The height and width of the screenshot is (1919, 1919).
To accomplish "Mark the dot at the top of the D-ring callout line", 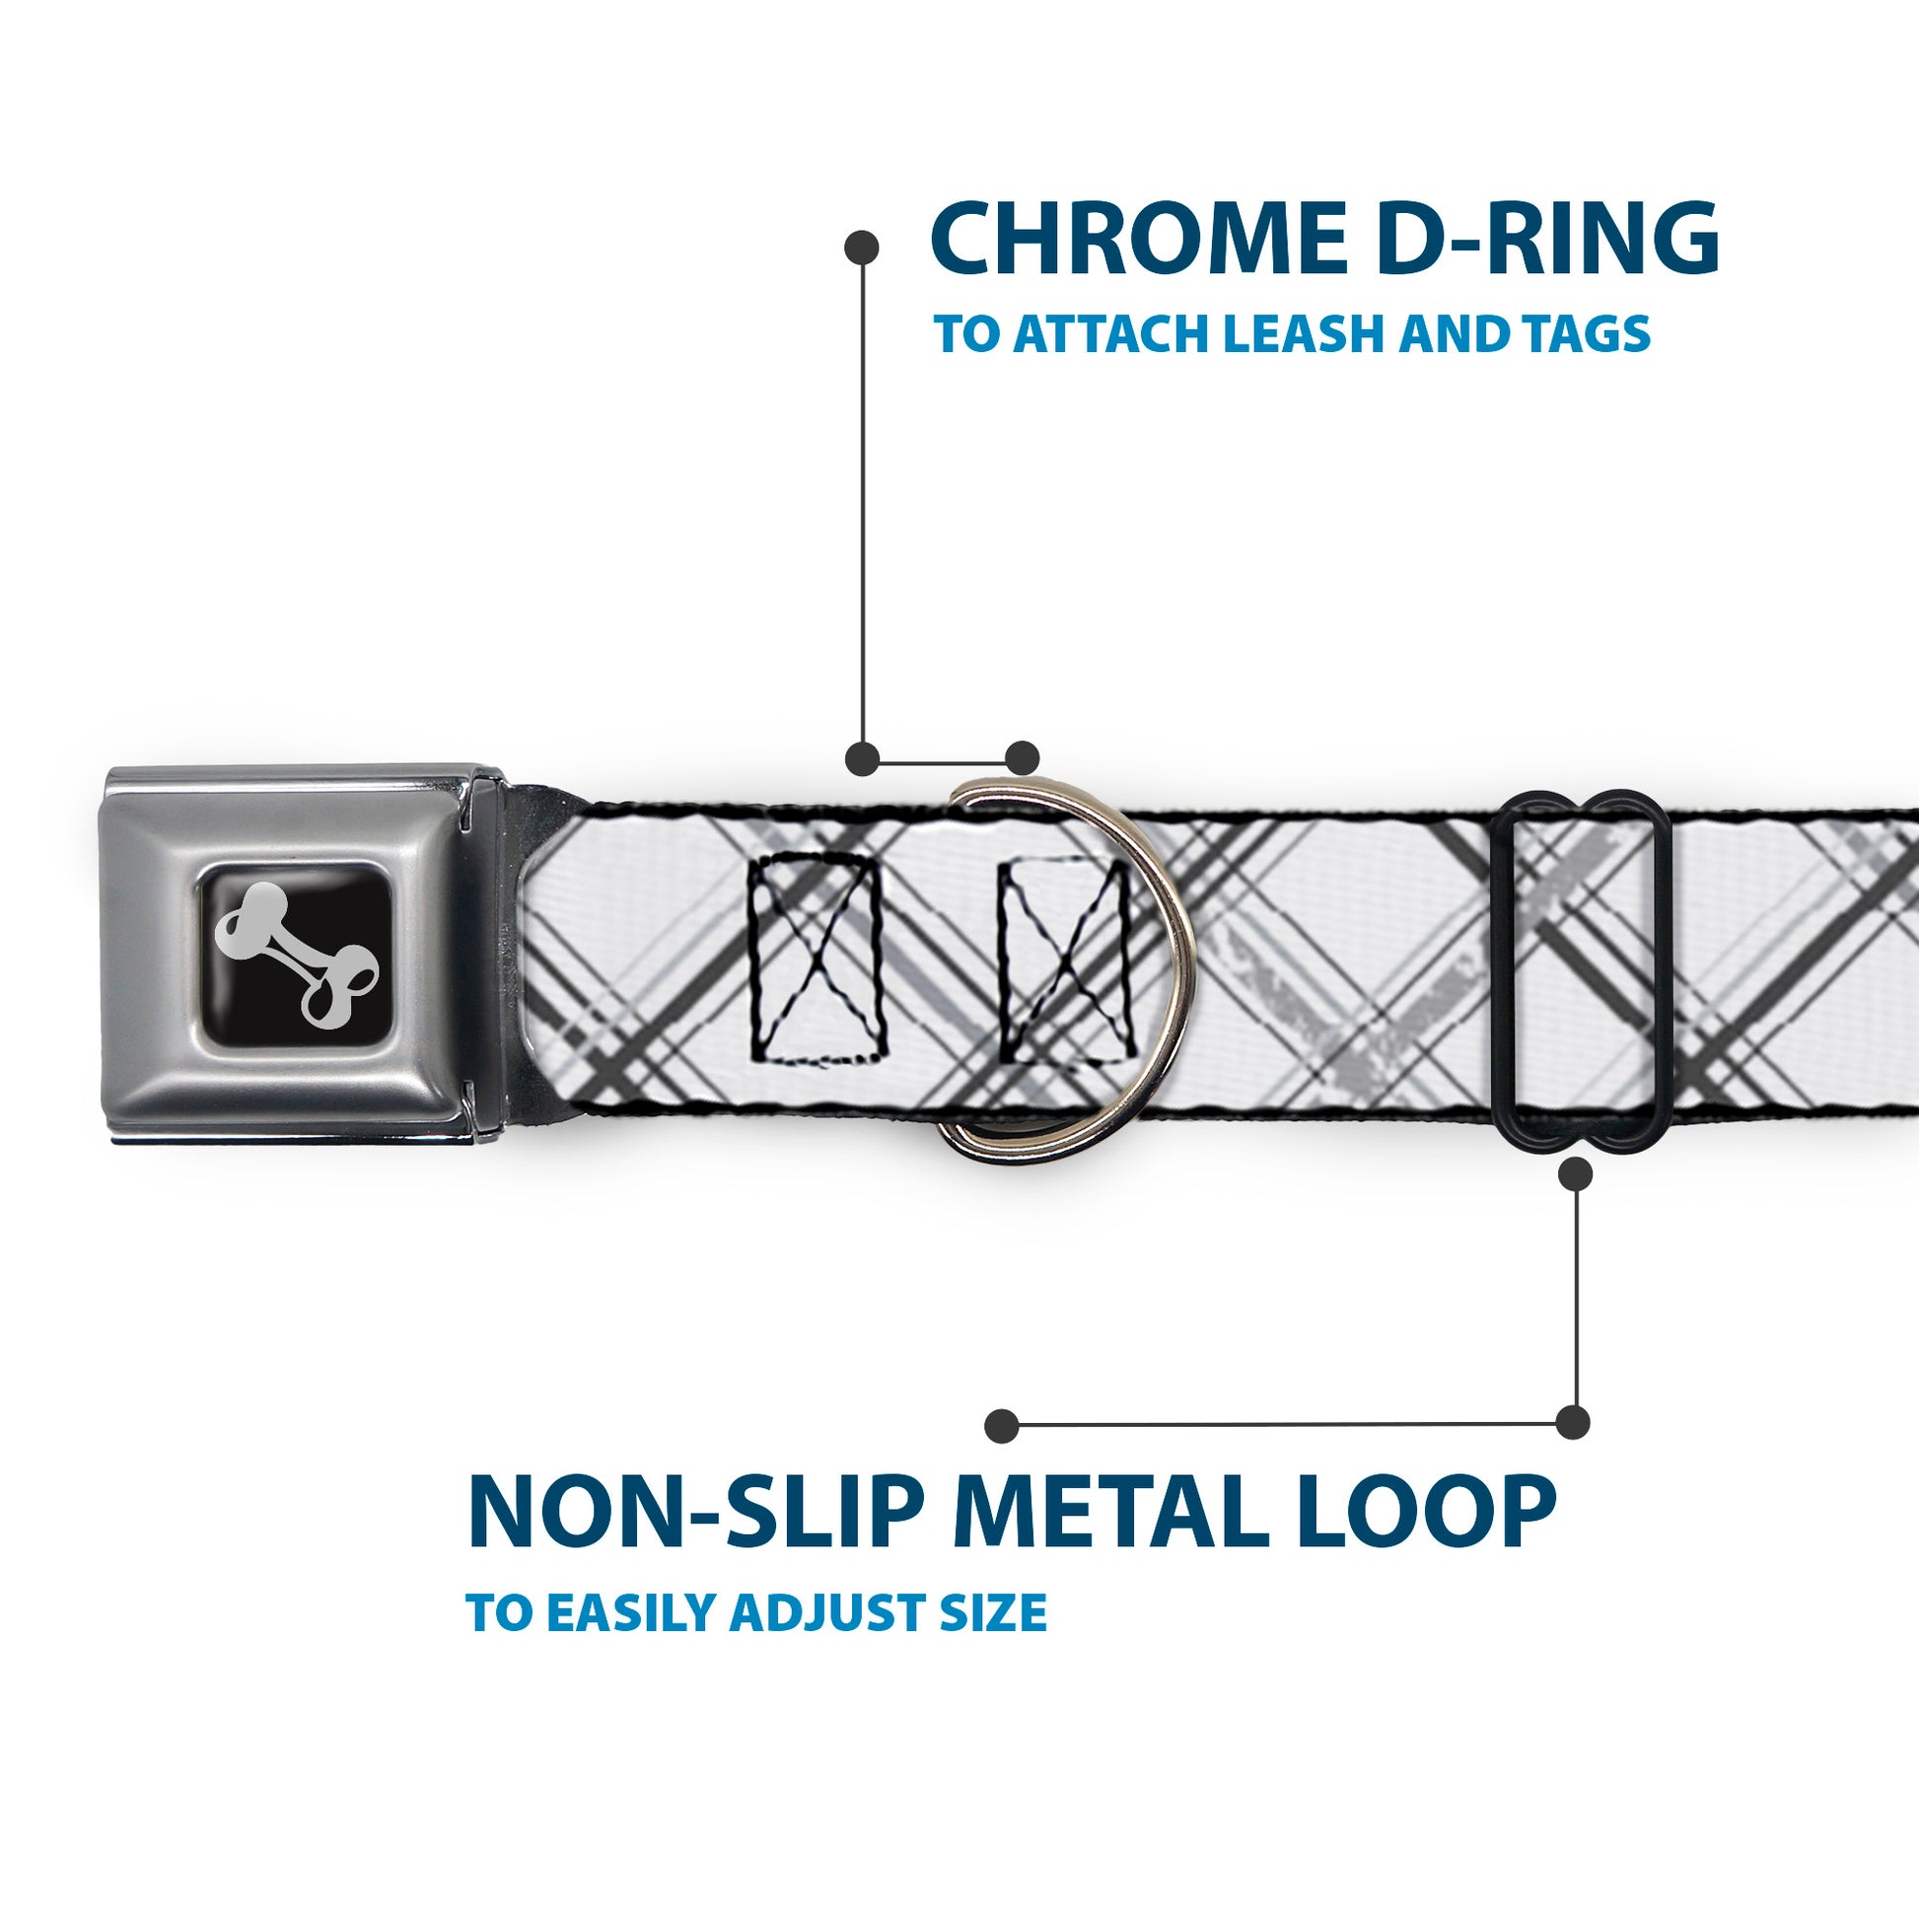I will [x=861, y=248].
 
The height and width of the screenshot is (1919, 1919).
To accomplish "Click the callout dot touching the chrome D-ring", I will [x=1022, y=758].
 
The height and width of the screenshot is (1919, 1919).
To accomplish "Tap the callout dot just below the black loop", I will [x=1575, y=1175].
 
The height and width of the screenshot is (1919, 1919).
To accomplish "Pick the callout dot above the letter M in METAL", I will [x=1002, y=1425].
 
